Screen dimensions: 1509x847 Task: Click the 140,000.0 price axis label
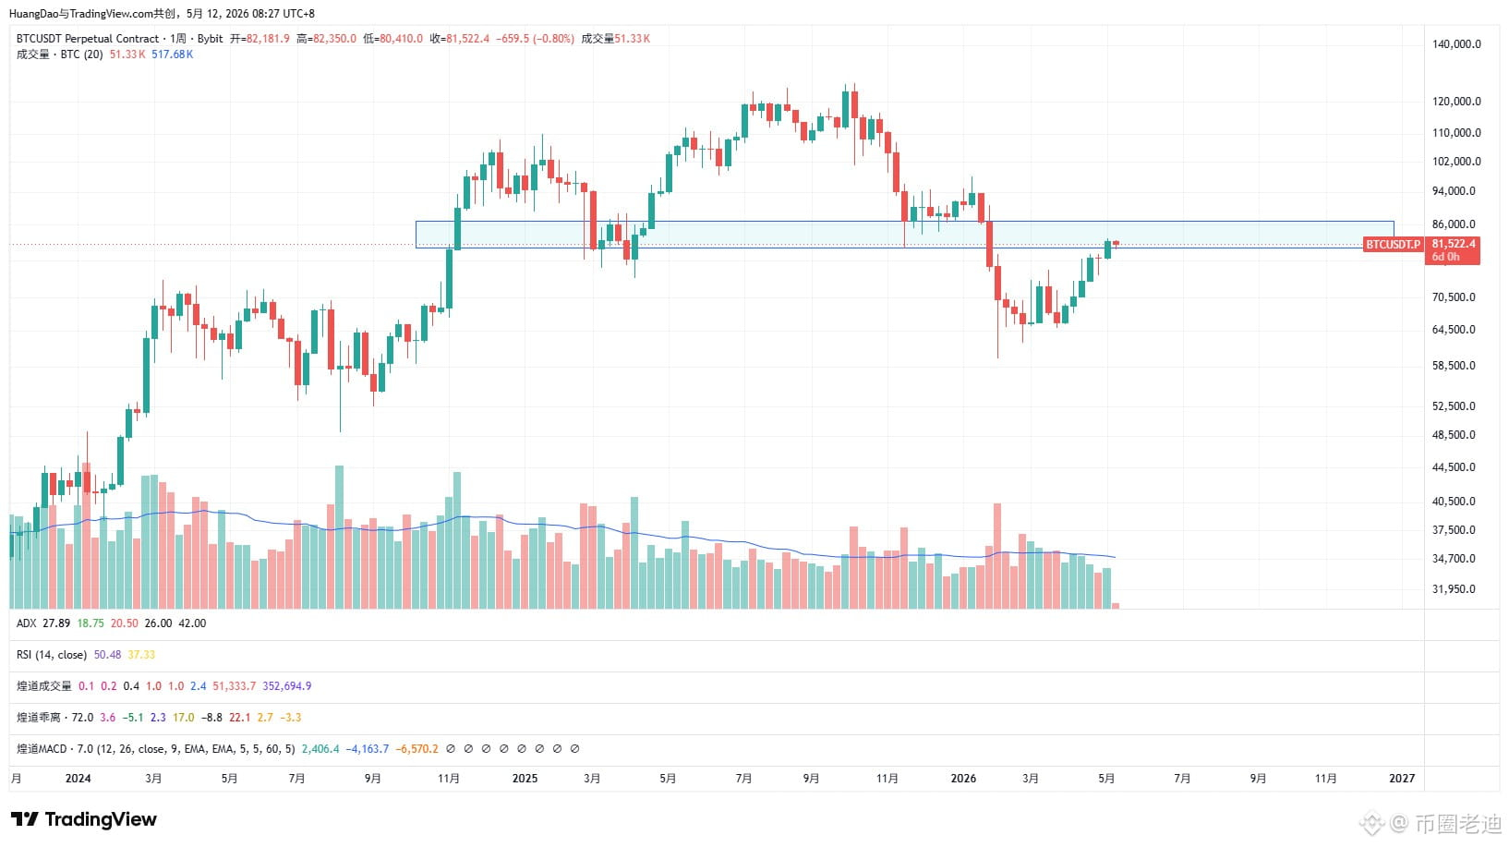1456,44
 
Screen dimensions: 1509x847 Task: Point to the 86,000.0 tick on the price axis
1454,224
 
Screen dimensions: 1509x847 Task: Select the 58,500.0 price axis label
1454,366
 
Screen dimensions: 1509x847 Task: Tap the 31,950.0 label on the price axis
1454,589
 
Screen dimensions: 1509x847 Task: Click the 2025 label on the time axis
525,779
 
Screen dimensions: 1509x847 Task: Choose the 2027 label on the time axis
1402,779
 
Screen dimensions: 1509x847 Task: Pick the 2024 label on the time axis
78,779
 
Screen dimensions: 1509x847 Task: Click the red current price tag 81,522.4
1453,244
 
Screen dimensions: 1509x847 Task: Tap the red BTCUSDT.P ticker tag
1393,245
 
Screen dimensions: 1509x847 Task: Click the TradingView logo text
101,819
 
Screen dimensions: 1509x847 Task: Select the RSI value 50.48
107,655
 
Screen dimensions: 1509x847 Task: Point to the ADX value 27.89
56,624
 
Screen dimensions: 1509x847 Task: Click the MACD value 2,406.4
320,749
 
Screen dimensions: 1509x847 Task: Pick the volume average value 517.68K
173,54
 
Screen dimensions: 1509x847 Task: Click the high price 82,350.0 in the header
334,39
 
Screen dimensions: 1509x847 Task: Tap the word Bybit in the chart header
211,39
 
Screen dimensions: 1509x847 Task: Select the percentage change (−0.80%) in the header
554,39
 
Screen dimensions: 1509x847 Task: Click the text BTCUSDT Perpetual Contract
88,39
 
